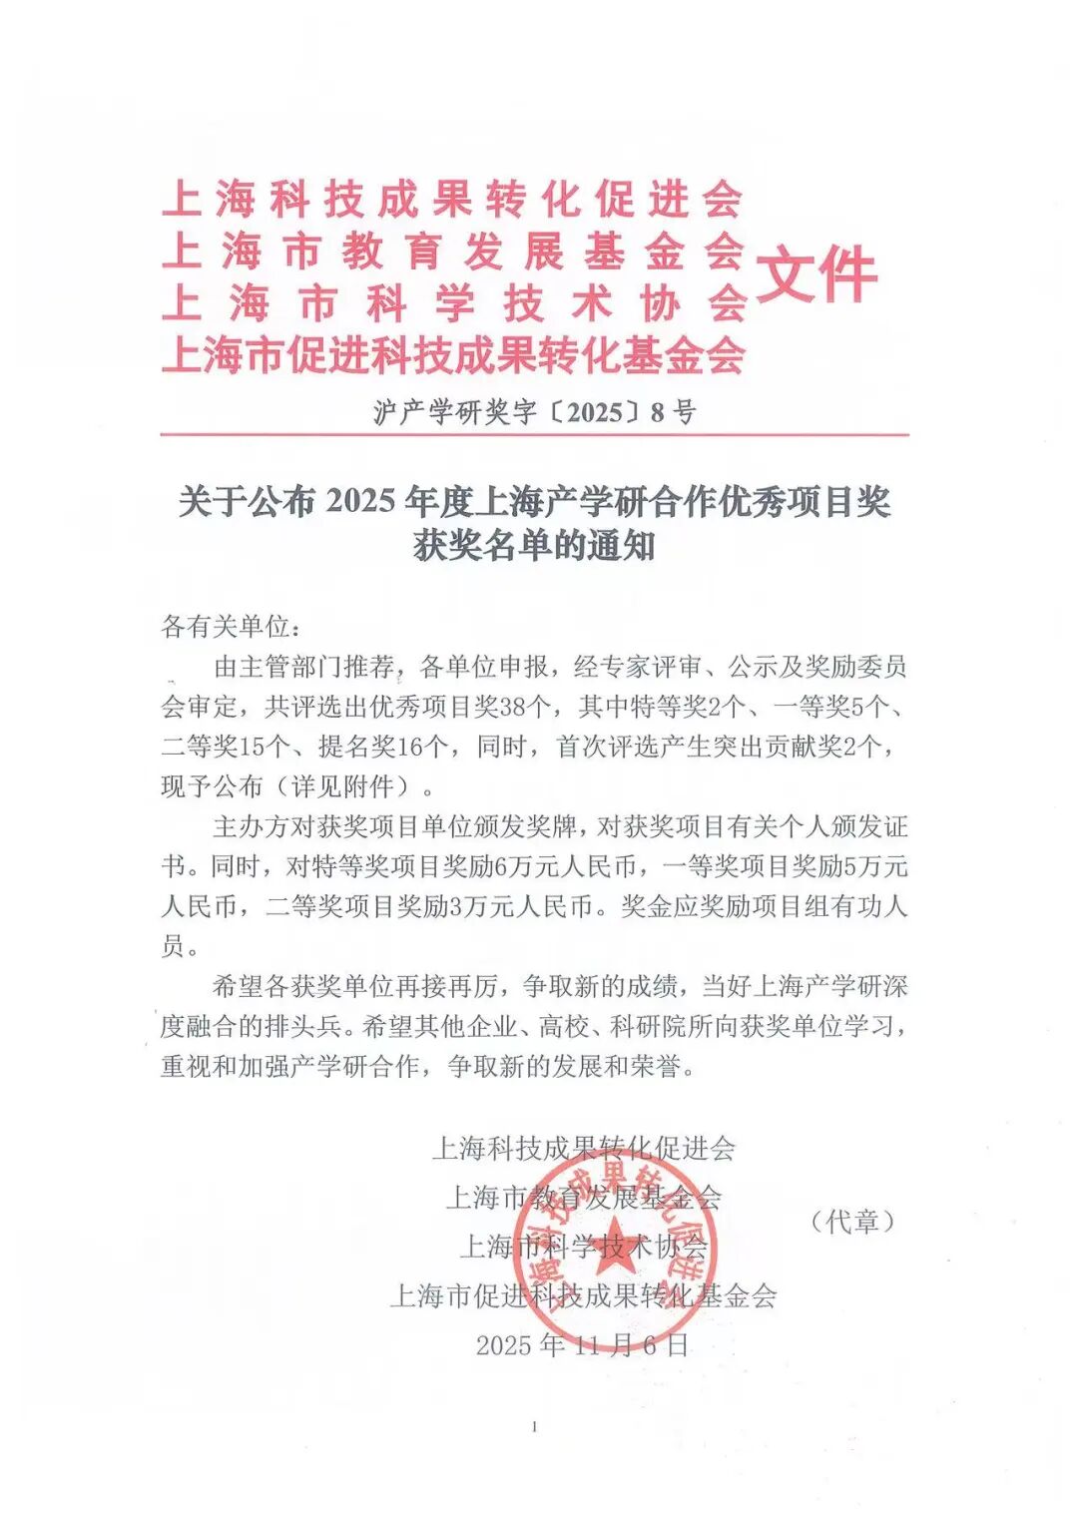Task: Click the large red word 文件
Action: coord(816,274)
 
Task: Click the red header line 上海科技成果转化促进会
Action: coord(452,199)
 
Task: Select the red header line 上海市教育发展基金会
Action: coord(452,251)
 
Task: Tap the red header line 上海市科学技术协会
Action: coord(452,302)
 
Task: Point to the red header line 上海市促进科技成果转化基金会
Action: coord(452,354)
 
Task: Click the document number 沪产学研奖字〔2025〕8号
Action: coord(535,411)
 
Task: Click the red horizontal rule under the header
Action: coord(535,435)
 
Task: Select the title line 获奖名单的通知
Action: coord(535,546)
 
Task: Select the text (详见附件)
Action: coord(349,786)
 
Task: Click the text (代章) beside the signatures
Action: coord(851,1221)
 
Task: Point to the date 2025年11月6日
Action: coord(582,1344)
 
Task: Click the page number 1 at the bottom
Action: coord(535,1427)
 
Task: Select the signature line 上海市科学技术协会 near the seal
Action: coord(583,1246)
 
